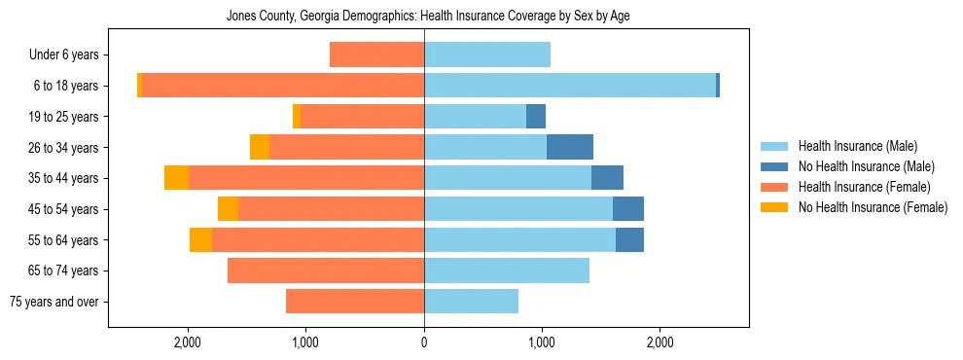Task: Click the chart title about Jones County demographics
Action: pyautogui.click(x=428, y=17)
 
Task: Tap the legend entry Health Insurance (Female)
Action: pyautogui.click(x=864, y=187)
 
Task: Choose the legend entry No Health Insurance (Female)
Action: pyautogui.click(x=873, y=207)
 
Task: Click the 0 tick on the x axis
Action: pyautogui.click(x=424, y=343)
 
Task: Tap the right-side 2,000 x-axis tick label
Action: pyautogui.click(x=660, y=343)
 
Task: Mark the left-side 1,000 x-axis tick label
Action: pyautogui.click(x=305, y=343)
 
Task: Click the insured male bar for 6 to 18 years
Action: pyautogui.click(x=570, y=86)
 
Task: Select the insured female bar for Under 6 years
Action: pyautogui.click(x=376, y=55)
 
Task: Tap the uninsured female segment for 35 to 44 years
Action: pyautogui.click(x=176, y=178)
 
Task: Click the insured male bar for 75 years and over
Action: pyautogui.click(x=471, y=302)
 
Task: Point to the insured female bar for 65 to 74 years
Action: pyautogui.click(x=326, y=270)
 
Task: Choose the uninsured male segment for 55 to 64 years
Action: pyautogui.click(x=629, y=239)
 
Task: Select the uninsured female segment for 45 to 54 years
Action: pyautogui.click(x=228, y=209)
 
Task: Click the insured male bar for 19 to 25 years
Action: pyautogui.click(x=475, y=117)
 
